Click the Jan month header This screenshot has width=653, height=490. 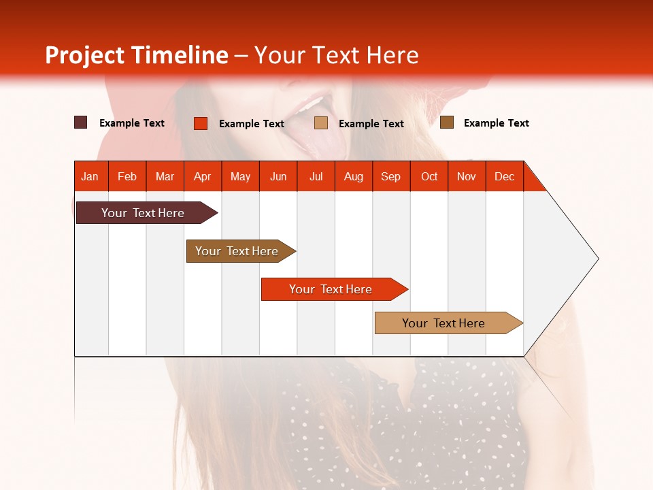click(x=90, y=176)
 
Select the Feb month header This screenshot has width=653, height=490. click(x=127, y=176)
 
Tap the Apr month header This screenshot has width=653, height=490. click(x=202, y=176)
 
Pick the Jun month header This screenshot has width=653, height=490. click(x=278, y=176)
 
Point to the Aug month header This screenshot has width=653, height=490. click(x=353, y=176)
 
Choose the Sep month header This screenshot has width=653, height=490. click(x=390, y=176)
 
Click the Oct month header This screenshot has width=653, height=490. click(x=429, y=176)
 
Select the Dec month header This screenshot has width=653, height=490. click(x=504, y=176)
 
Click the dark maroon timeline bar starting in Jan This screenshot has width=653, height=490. click(x=143, y=213)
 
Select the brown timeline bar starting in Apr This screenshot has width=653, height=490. click(x=237, y=251)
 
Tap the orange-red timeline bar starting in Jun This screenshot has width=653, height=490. click(x=331, y=289)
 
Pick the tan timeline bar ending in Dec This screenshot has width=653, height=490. click(x=443, y=323)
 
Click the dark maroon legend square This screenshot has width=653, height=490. click(x=81, y=122)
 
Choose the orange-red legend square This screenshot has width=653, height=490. click(x=201, y=123)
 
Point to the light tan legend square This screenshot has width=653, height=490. click(x=321, y=123)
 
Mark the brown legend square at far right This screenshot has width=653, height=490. click(x=447, y=122)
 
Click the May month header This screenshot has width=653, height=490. click(x=240, y=176)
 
